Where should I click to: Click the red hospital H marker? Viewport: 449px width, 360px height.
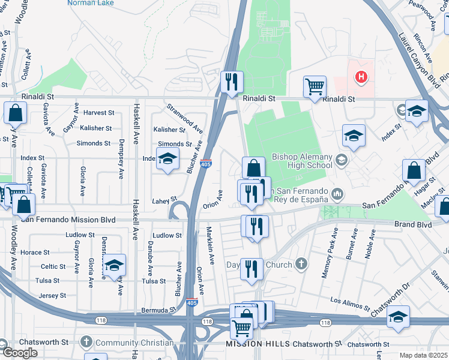[x=361, y=77]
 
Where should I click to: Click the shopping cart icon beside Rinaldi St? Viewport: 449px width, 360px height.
[x=314, y=86]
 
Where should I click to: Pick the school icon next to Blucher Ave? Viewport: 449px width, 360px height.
[x=168, y=158]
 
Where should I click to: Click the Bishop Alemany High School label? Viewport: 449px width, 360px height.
[x=302, y=160]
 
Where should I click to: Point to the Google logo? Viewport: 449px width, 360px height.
[x=20, y=353]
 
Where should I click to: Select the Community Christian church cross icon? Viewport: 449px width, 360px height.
[x=86, y=343]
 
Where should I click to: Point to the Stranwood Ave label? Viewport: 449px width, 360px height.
[x=185, y=119]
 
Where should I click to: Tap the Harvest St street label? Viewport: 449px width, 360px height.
[x=98, y=113]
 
